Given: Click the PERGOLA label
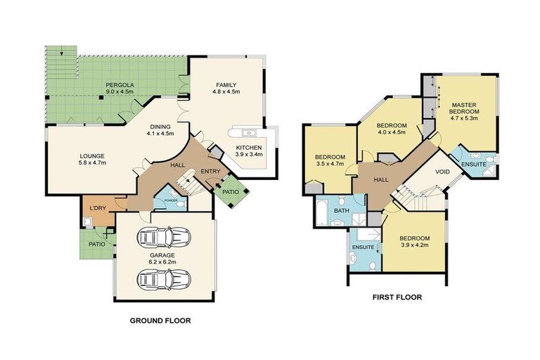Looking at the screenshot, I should click(121, 84).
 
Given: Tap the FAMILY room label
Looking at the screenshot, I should click(226, 84).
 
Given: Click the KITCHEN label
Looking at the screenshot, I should click(249, 148).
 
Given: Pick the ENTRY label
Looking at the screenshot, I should click(210, 171).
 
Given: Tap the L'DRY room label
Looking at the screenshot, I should click(97, 210).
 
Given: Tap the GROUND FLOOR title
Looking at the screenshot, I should click(160, 321).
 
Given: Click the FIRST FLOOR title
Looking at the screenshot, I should click(397, 297).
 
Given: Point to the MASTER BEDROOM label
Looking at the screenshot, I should click(465, 108).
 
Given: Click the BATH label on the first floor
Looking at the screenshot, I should click(342, 210).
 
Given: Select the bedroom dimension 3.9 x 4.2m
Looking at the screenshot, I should click(415, 247).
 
